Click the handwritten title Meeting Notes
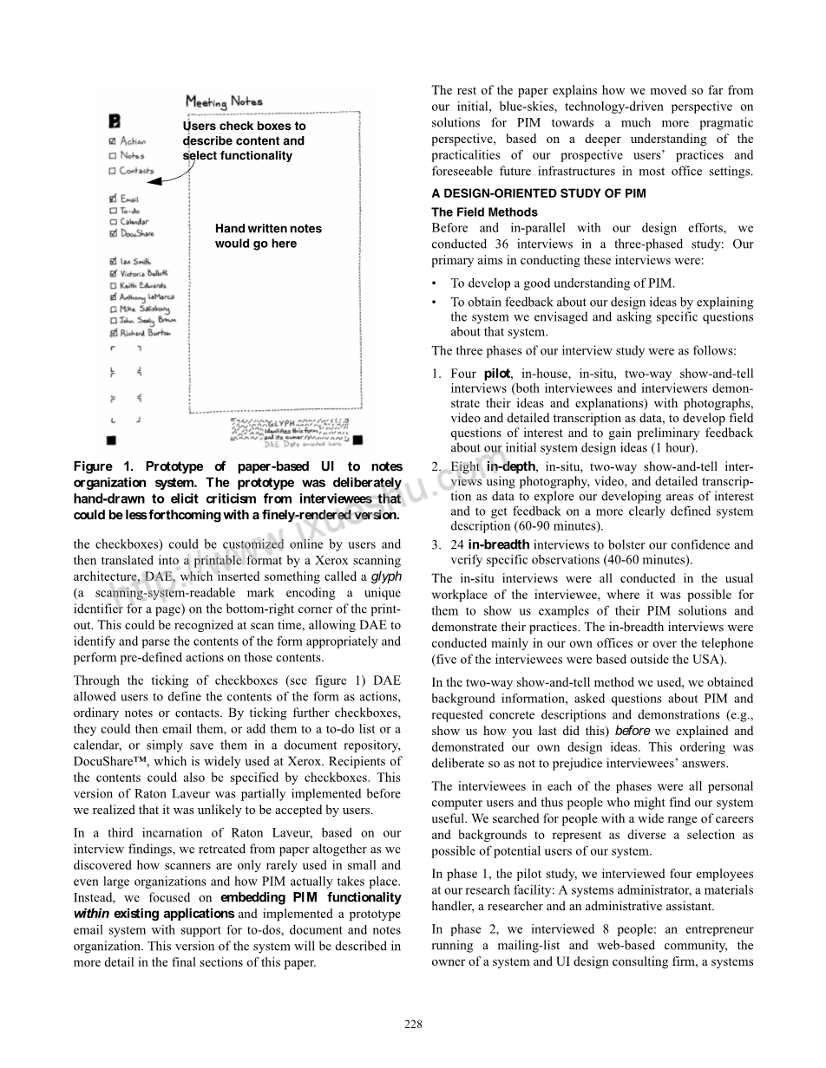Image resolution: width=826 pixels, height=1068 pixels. pyautogui.click(x=224, y=102)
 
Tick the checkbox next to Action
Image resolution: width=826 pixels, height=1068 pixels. pyautogui.click(x=112, y=141)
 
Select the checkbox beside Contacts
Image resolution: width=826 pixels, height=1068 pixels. pyautogui.click(x=112, y=170)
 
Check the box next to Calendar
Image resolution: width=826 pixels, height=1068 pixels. pyautogui.click(x=112, y=222)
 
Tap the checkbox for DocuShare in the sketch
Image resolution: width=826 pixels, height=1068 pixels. pyautogui.click(x=112, y=233)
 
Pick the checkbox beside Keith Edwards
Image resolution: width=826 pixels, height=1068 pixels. pyautogui.click(x=112, y=285)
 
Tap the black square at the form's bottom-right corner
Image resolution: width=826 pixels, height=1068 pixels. pyautogui.click(x=357, y=441)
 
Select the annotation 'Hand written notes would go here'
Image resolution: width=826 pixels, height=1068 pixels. pyautogui.click(x=268, y=236)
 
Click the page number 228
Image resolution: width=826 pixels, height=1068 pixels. pyautogui.click(x=413, y=1024)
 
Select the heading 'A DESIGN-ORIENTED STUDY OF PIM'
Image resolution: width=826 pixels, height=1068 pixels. pyautogui.click(x=538, y=193)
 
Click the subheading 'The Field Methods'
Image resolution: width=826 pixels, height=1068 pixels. pyautogui.click(x=484, y=212)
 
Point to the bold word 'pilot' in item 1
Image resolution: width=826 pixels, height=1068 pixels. pyautogui.click(x=496, y=374)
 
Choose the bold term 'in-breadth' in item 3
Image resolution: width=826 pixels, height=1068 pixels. pyautogui.click(x=498, y=544)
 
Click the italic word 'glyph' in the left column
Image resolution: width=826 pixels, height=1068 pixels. pyautogui.click(x=386, y=576)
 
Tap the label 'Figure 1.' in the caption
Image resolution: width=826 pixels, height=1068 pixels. pyautogui.click(x=103, y=467)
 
